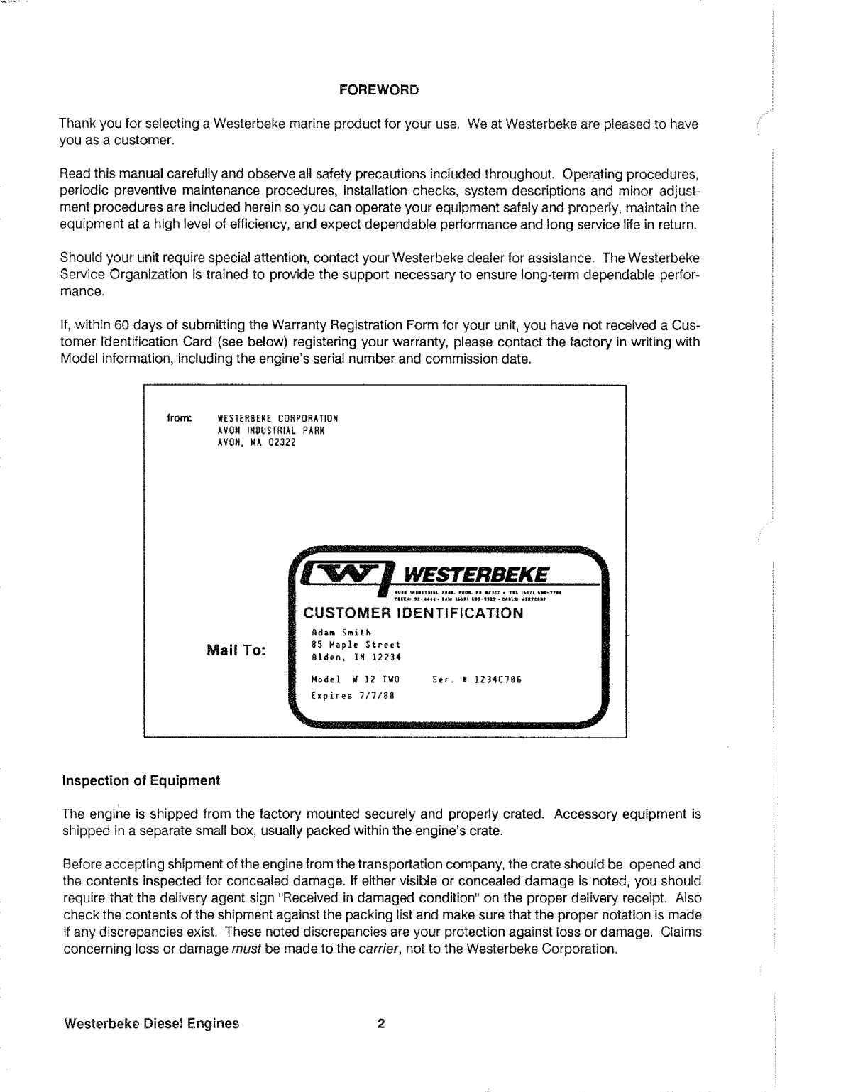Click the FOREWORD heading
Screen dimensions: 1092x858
(x=379, y=90)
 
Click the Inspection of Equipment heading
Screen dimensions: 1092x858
(x=142, y=781)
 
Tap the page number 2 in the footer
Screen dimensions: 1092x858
(x=380, y=1024)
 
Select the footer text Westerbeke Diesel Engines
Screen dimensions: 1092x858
(x=151, y=1024)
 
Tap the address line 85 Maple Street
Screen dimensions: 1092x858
(x=356, y=645)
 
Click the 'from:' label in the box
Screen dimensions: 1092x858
(x=177, y=418)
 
